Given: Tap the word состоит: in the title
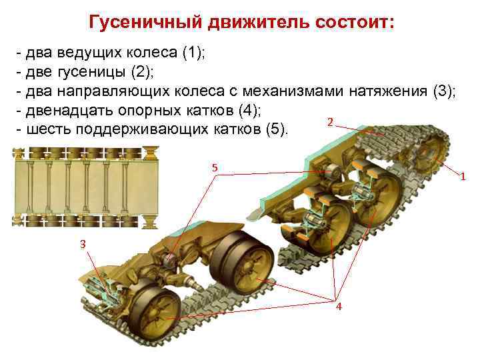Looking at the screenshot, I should coord(351,23).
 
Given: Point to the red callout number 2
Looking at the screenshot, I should coord(331,122).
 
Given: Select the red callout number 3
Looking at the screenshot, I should coord(83,245).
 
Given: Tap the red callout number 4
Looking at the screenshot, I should coord(339,306).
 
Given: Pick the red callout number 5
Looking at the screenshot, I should coord(215,167).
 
